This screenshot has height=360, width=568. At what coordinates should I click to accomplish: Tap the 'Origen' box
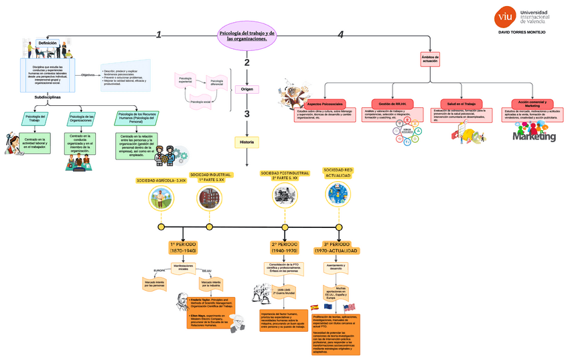(x=246, y=88)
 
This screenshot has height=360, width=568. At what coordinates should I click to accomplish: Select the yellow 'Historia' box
(x=246, y=142)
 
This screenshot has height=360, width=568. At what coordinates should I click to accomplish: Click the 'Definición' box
(x=47, y=43)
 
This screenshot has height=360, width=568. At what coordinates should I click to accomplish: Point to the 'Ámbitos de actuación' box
(x=430, y=59)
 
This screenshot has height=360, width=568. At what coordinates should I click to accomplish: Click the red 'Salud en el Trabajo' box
(x=461, y=104)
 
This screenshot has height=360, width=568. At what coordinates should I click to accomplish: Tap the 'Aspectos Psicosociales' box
(x=325, y=105)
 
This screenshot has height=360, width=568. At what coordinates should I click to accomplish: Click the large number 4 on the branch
(x=340, y=35)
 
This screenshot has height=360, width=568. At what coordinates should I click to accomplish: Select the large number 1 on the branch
(x=159, y=35)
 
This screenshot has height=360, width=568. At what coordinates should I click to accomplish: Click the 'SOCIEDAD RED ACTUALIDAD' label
(x=338, y=172)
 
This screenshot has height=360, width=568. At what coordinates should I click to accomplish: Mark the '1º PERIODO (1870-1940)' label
(x=182, y=247)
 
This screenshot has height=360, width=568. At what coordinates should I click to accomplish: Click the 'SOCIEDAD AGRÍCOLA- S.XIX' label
(x=161, y=180)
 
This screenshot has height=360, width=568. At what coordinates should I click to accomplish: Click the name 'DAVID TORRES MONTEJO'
(x=522, y=32)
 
